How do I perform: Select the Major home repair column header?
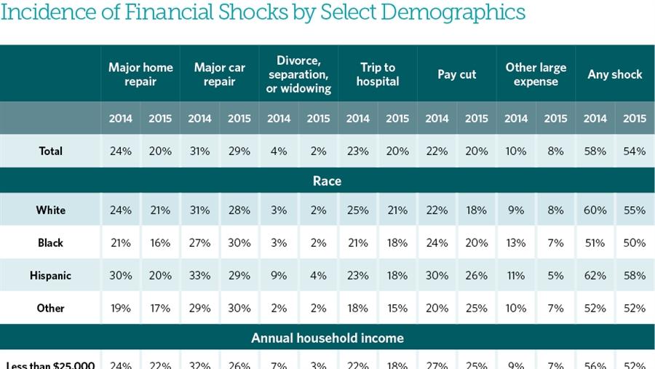tap(140, 74)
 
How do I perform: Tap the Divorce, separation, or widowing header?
tap(298, 74)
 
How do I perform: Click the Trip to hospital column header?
tap(378, 74)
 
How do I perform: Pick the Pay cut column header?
tap(457, 74)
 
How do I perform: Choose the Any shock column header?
tap(615, 74)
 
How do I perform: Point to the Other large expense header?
tap(536, 74)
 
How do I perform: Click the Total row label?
tap(51, 151)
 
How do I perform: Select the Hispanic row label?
tap(51, 275)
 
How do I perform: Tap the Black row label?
tap(51, 242)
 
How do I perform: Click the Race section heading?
tap(327, 180)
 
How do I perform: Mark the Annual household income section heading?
tap(327, 338)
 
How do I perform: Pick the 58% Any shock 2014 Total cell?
tap(595, 151)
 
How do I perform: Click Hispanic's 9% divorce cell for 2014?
tap(279, 275)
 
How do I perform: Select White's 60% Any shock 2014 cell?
tap(595, 210)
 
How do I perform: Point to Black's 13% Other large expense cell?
tap(516, 242)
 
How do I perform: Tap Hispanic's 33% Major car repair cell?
tap(199, 275)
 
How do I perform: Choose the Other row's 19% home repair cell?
tap(121, 308)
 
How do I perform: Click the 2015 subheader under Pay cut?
tap(477, 119)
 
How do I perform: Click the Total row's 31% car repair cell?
tap(199, 151)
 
